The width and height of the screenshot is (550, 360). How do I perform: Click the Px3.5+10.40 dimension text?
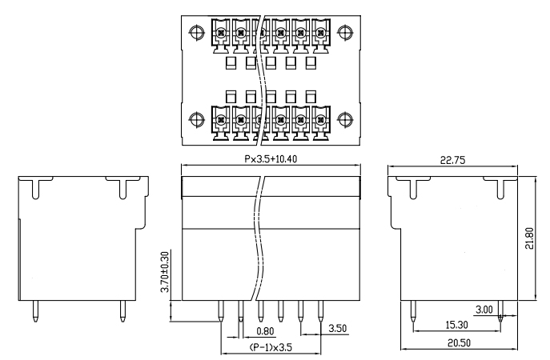coord(271,159)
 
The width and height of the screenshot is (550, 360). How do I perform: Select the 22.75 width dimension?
coord(452,160)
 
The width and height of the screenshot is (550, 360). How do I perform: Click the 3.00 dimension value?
coord(483,310)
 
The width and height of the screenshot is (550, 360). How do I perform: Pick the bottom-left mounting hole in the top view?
coord(197,122)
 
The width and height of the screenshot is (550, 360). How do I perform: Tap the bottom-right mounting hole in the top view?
coord(345,122)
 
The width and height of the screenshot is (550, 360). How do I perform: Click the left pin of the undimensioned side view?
coord(36,313)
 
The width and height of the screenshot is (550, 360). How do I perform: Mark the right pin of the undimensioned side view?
coord(122,313)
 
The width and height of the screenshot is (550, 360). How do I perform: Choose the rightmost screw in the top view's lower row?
coord(320,123)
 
